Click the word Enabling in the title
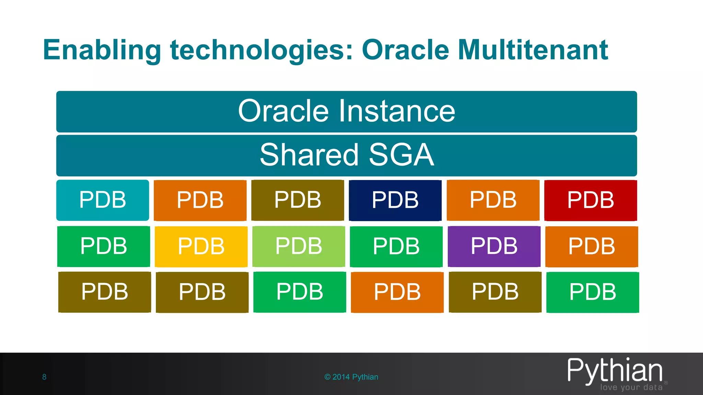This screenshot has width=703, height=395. coord(102,50)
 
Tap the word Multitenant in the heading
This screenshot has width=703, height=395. coord(533,50)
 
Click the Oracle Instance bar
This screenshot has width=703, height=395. coord(346,111)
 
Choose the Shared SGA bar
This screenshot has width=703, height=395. coord(346,155)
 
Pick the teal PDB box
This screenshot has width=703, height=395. coord(103,200)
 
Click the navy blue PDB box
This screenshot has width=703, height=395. coord(395,200)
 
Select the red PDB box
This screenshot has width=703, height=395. coord(590,200)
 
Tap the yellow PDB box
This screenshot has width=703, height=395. coord(201,247)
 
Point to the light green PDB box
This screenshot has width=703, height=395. coord(299,247)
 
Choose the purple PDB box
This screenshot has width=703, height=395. coord(494,247)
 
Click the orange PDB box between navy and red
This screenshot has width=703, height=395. coord(493,200)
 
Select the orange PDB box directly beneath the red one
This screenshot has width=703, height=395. coord(591,247)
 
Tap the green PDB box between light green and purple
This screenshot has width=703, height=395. coord(396,247)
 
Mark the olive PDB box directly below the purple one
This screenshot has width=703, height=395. coord(495,292)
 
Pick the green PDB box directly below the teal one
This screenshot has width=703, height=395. coord(103,247)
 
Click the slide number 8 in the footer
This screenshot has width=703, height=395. coord(44,377)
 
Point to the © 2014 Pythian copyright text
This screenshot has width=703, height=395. coord(351,377)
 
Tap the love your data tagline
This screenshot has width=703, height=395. coord(631,387)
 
